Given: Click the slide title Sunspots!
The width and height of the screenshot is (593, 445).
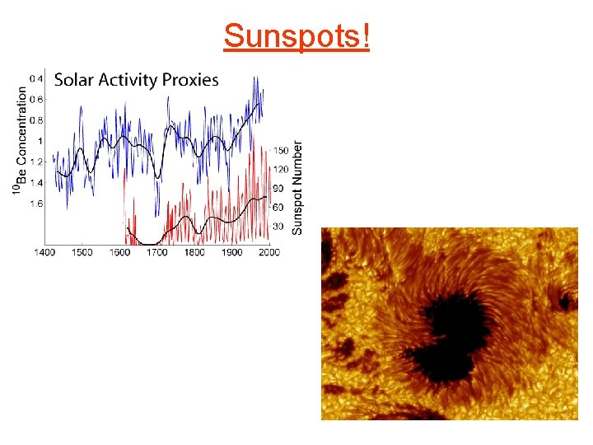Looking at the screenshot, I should pyautogui.click(x=296, y=36).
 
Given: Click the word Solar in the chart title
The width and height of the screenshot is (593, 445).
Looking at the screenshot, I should pyautogui.click(x=72, y=80).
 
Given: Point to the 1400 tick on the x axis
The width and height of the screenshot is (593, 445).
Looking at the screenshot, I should pyautogui.click(x=44, y=252).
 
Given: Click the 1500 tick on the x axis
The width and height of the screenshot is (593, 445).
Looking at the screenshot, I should pyautogui.click(x=82, y=252).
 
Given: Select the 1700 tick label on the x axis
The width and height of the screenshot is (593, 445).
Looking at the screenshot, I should pyautogui.click(x=156, y=252).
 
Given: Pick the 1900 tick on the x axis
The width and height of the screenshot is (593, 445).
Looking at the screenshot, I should pyautogui.click(x=231, y=252).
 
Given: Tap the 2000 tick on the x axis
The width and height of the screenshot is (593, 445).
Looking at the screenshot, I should pyautogui.click(x=268, y=252).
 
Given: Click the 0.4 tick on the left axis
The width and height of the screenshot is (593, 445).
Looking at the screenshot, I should pyautogui.click(x=37, y=79).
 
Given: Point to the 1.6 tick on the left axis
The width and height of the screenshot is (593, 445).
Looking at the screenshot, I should pyautogui.click(x=37, y=204).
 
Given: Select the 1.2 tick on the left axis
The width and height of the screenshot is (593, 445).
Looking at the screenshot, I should pyautogui.click(x=37, y=162).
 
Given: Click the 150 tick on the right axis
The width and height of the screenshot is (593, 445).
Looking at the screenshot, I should pyautogui.click(x=280, y=151).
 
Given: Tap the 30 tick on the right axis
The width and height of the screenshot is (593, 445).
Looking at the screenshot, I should pyautogui.click(x=278, y=226).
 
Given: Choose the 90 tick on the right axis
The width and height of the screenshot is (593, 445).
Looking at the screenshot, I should pyautogui.click(x=278, y=189).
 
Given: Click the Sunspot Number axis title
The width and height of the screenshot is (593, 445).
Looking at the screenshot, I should pyautogui.click(x=298, y=187).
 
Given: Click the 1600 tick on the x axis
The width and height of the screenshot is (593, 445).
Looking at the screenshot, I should pyautogui.click(x=119, y=252).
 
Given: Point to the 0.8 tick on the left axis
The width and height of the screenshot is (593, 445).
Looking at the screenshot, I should pyautogui.click(x=37, y=120).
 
